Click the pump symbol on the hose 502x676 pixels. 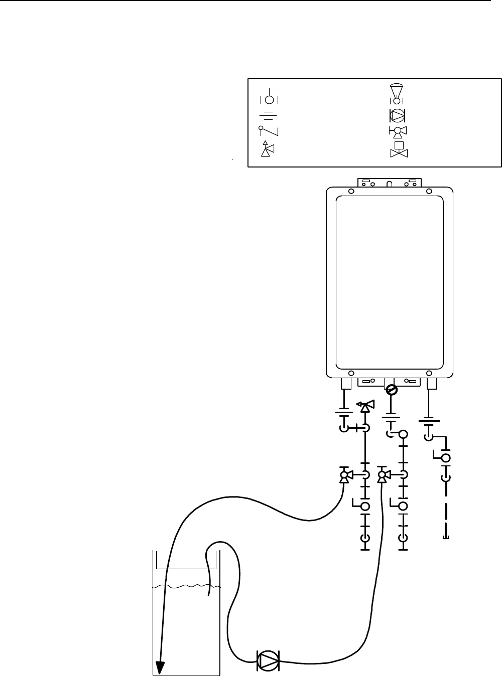[268, 660]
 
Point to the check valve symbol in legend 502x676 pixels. [269, 131]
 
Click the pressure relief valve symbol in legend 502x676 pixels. [266, 149]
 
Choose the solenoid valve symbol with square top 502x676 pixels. [399, 150]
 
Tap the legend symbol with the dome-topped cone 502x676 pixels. [397, 92]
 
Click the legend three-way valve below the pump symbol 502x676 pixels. [398, 132]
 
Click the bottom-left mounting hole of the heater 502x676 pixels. [351, 373]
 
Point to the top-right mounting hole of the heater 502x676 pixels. [429, 191]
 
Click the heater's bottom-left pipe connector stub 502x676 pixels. [345, 384]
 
